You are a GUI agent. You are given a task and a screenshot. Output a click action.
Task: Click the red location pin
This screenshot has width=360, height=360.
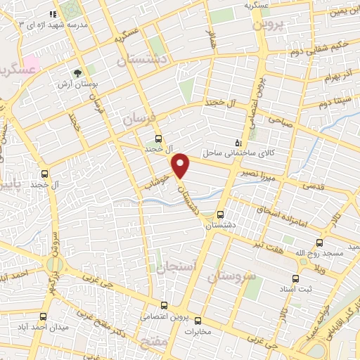tap(181, 165)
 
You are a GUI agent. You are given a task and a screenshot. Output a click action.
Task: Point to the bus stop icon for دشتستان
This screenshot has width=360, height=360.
tap(221, 214)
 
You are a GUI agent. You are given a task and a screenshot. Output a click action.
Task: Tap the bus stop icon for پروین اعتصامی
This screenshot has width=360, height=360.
tap(163, 305)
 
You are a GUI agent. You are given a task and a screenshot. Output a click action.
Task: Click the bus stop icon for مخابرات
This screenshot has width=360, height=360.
tap(197, 318)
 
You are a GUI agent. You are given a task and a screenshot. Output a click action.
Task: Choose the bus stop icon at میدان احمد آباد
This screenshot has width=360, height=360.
tap(44, 317)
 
